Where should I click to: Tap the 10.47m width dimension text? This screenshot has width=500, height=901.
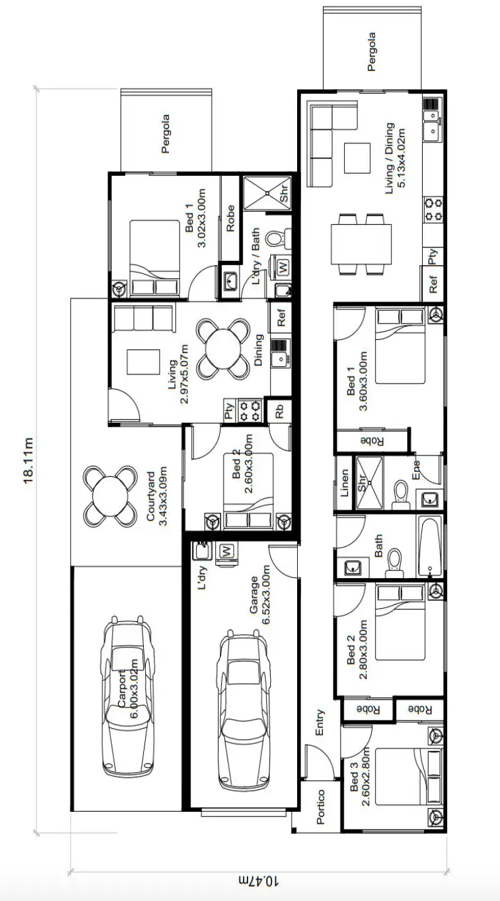point(258,880)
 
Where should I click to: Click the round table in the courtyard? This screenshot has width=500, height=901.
point(111,496)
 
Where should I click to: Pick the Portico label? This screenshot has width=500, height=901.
point(320,806)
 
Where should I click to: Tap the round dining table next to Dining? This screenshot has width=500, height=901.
point(222,349)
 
